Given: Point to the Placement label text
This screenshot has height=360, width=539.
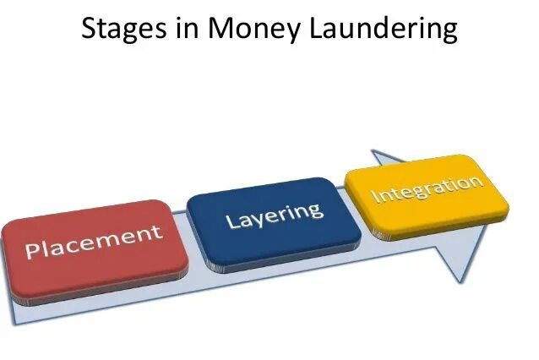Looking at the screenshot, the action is pyautogui.click(x=93, y=243).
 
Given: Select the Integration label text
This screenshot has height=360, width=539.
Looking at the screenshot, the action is pyautogui.click(x=427, y=188).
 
